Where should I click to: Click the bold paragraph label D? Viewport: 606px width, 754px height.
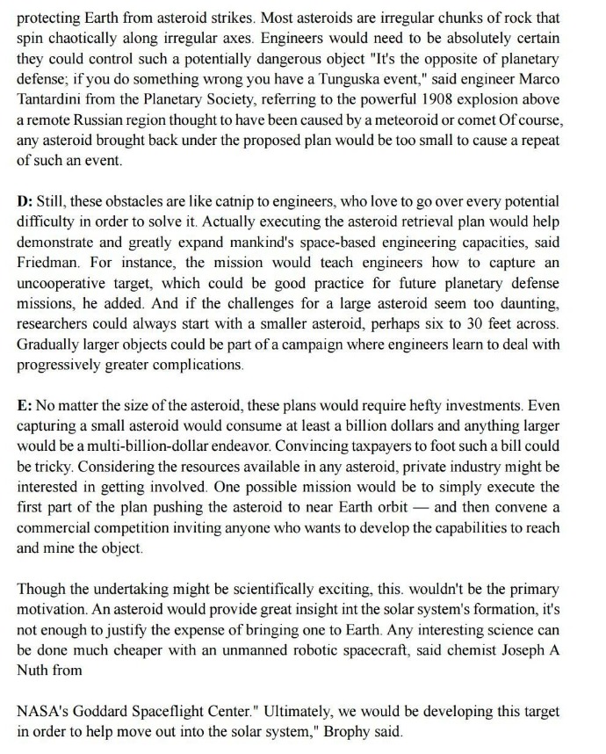pos(25,200)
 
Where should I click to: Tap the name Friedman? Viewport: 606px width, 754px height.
pos(51,264)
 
